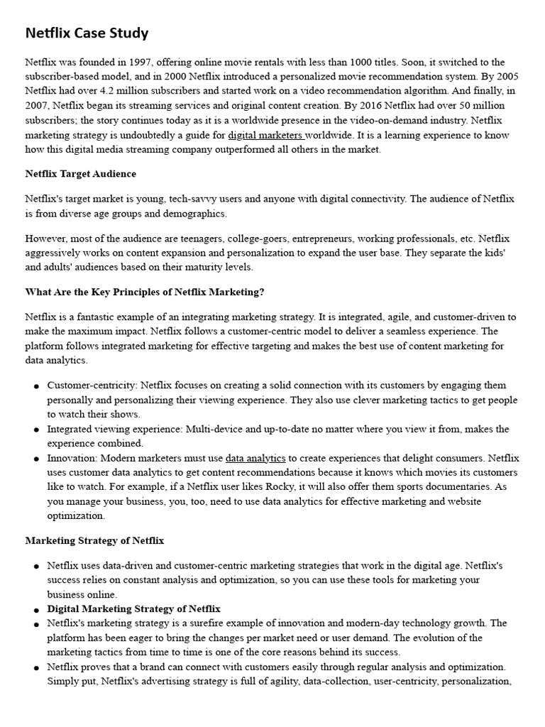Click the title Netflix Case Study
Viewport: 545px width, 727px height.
(x=87, y=33)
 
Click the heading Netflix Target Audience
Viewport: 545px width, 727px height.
(x=81, y=174)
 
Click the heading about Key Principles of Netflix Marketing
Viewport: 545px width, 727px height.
(x=145, y=293)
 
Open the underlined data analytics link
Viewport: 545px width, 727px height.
(x=255, y=458)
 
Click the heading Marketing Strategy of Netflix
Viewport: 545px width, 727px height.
(x=94, y=541)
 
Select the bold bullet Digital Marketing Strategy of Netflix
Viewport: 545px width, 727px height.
(x=133, y=609)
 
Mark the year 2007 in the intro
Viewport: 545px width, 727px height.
(x=38, y=105)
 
